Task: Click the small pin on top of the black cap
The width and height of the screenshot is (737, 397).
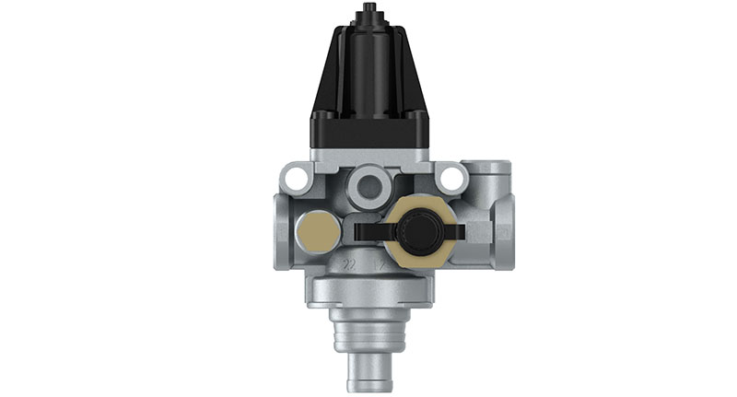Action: pyautogui.click(x=368, y=10)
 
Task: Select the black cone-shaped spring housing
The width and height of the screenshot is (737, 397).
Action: pyautogui.click(x=368, y=64)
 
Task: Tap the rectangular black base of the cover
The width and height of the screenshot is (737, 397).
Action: pyautogui.click(x=368, y=130)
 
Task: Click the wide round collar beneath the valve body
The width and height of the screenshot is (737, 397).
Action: pyautogui.click(x=368, y=296)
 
